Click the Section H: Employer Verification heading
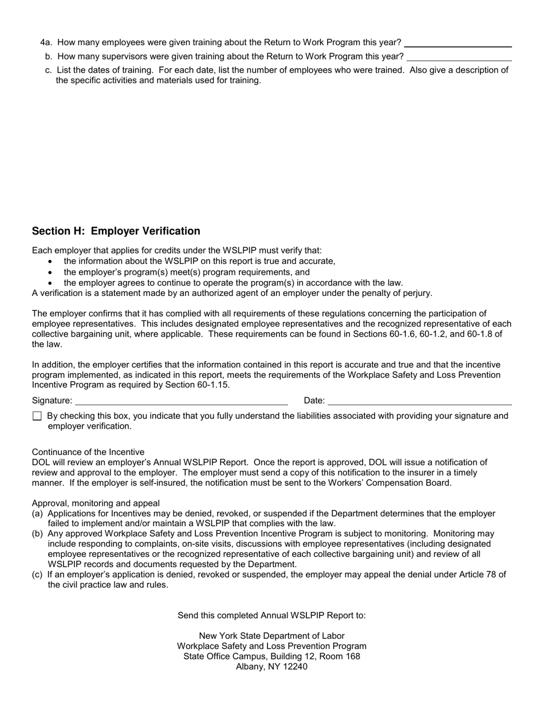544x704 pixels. [116, 231]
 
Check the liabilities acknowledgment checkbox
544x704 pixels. [37, 416]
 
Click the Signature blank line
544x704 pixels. [181, 401]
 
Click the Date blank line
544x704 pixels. [419, 401]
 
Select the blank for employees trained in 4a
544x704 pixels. [458, 43]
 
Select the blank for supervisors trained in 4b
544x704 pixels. [459, 57]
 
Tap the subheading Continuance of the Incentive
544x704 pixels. [88, 452]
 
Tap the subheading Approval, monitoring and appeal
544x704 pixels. [96, 504]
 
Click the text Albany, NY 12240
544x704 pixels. [271, 667]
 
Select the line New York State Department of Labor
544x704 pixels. [271, 636]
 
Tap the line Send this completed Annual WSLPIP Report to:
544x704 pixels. [271, 616]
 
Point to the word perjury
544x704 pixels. [416, 293]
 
